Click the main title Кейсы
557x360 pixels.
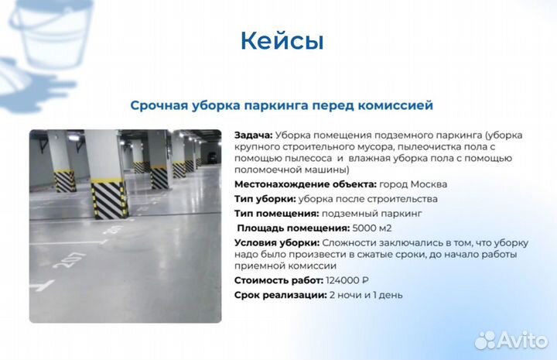[282, 40]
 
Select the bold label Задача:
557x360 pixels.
[253, 135]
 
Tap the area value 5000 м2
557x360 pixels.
[372, 228]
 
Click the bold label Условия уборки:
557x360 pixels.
[272, 243]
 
